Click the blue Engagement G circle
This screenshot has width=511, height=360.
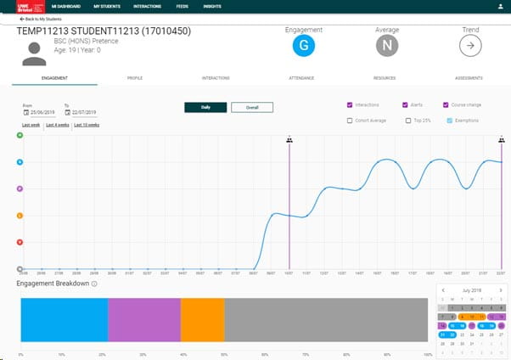303,47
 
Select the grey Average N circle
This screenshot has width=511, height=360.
387,47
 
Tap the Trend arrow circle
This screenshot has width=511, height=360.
470,47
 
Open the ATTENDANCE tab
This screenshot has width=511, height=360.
301,78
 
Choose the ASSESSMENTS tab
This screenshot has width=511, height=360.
469,78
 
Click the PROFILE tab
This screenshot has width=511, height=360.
135,78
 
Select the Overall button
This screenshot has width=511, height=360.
252,108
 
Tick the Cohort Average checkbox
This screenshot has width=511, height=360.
351,121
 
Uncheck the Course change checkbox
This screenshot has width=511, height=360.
446,105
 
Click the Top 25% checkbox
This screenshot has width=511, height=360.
406,121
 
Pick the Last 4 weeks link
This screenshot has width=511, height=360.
57,125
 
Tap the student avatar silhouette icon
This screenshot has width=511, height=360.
36,53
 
